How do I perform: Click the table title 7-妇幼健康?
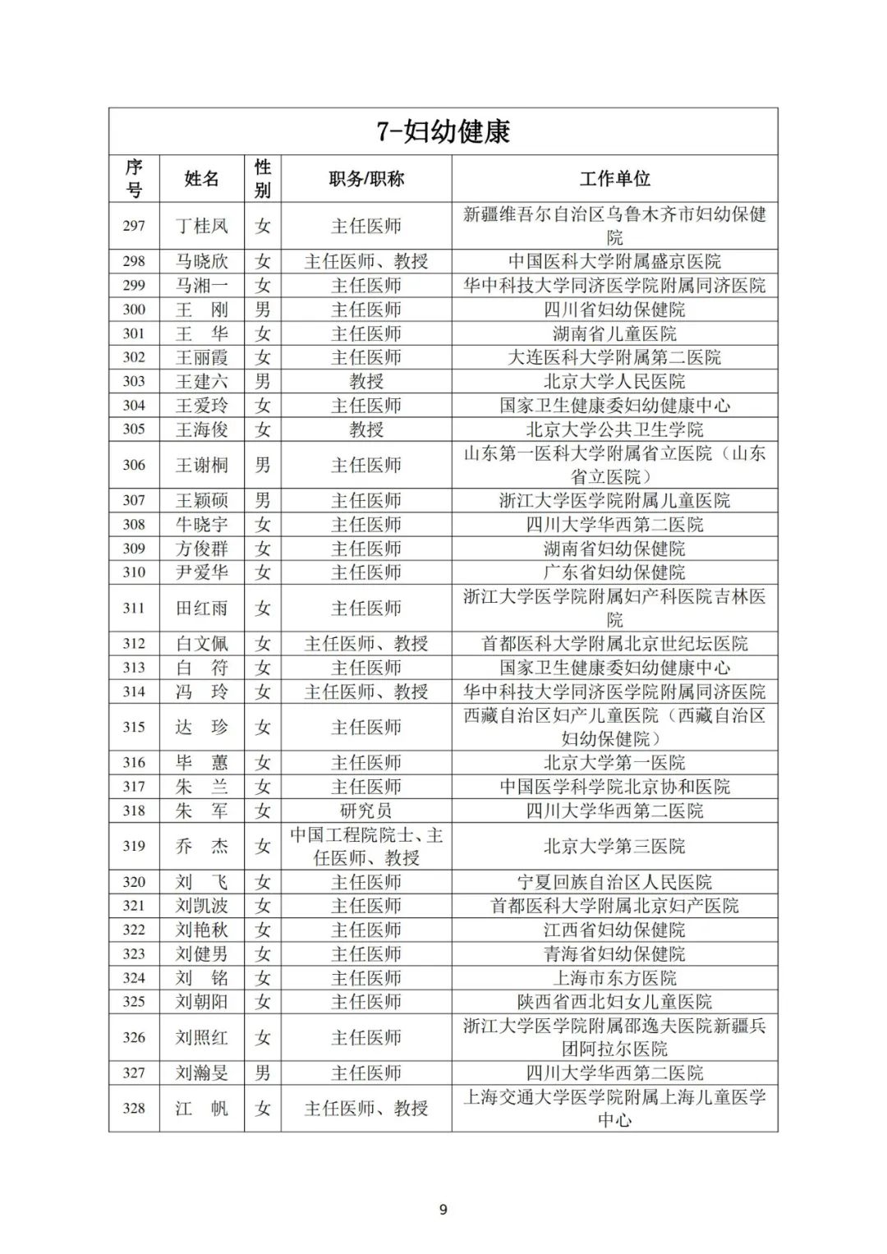[x=443, y=131]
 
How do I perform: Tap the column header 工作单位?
[x=614, y=179]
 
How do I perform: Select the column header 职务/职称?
[x=366, y=179]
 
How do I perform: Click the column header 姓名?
[x=202, y=179]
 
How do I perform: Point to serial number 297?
[x=134, y=226]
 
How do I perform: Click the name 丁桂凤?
[x=202, y=226]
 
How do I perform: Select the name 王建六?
[x=202, y=381]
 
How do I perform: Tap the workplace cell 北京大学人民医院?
[x=614, y=381]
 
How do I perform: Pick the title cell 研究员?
[x=366, y=811]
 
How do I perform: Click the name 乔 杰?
[x=202, y=846]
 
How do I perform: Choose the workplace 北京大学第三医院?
[x=614, y=846]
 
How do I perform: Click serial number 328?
[x=134, y=1108]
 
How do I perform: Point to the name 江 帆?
[x=202, y=1108]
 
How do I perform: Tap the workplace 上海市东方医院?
[x=614, y=978]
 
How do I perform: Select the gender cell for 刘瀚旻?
[x=263, y=1073]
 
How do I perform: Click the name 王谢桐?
[x=202, y=465]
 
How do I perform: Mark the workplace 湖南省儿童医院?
[x=614, y=333]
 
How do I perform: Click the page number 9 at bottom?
[x=443, y=1210]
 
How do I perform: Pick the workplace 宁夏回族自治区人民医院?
[x=614, y=882]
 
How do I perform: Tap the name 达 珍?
[x=202, y=727]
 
